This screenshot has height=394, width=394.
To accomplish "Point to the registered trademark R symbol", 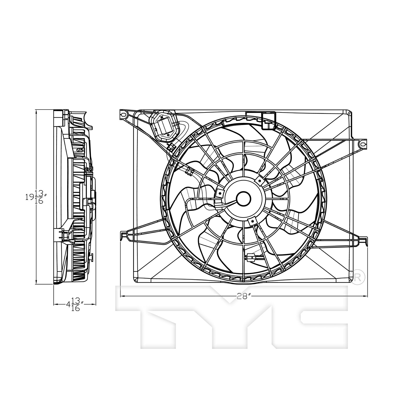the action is click(357, 279).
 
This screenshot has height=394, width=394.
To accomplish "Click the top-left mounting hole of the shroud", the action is click(123, 115).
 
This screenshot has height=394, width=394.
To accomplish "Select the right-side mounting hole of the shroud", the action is click(362, 144).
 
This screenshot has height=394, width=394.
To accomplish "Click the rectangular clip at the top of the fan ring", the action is click(269, 121).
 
